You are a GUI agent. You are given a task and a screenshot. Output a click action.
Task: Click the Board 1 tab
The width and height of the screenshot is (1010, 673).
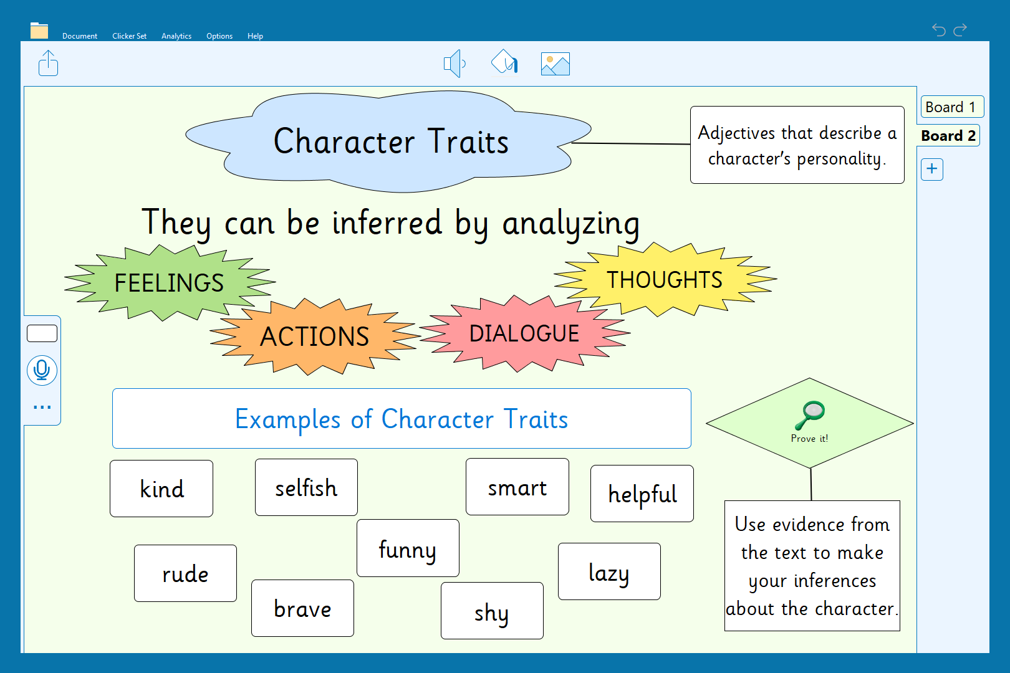tap(951, 107)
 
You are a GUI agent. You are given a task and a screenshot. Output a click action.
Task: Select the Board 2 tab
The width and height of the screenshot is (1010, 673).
tap(949, 135)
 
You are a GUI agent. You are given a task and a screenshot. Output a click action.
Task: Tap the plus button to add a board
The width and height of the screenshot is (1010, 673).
tap(932, 169)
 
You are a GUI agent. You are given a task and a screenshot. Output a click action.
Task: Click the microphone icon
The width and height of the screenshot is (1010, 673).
tap(42, 371)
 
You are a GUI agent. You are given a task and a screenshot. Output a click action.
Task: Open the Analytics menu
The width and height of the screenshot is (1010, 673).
tap(176, 36)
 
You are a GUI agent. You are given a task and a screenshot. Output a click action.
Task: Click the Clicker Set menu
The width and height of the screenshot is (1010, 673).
tap(130, 36)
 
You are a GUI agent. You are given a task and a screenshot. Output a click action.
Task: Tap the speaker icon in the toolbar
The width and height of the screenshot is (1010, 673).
tap(454, 64)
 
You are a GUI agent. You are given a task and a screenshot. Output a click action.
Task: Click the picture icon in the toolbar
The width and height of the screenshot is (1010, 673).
tap(555, 64)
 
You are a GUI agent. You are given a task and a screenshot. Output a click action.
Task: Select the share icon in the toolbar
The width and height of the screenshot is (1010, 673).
tap(48, 63)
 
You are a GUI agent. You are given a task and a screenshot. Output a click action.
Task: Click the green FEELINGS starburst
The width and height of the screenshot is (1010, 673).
tap(169, 283)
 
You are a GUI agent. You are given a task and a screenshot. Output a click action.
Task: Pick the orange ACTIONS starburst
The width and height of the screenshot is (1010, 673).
tap(314, 336)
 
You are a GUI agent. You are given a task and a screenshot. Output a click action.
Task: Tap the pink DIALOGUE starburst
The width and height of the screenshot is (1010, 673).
tap(524, 333)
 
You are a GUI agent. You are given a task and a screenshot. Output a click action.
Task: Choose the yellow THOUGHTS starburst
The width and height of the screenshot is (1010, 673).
tap(665, 279)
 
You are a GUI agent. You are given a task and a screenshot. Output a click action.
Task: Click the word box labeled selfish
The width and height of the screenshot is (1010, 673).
tap(306, 487)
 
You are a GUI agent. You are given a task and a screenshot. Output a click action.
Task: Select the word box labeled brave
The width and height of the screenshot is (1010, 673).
tap(302, 608)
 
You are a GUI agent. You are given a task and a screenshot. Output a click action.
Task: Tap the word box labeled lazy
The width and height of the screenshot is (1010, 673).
tap(609, 571)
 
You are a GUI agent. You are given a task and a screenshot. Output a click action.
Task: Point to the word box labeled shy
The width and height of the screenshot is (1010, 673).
tap(492, 611)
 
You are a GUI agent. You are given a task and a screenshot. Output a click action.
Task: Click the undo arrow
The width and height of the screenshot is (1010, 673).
tap(939, 30)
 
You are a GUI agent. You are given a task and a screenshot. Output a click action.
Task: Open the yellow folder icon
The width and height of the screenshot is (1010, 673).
tap(39, 30)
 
